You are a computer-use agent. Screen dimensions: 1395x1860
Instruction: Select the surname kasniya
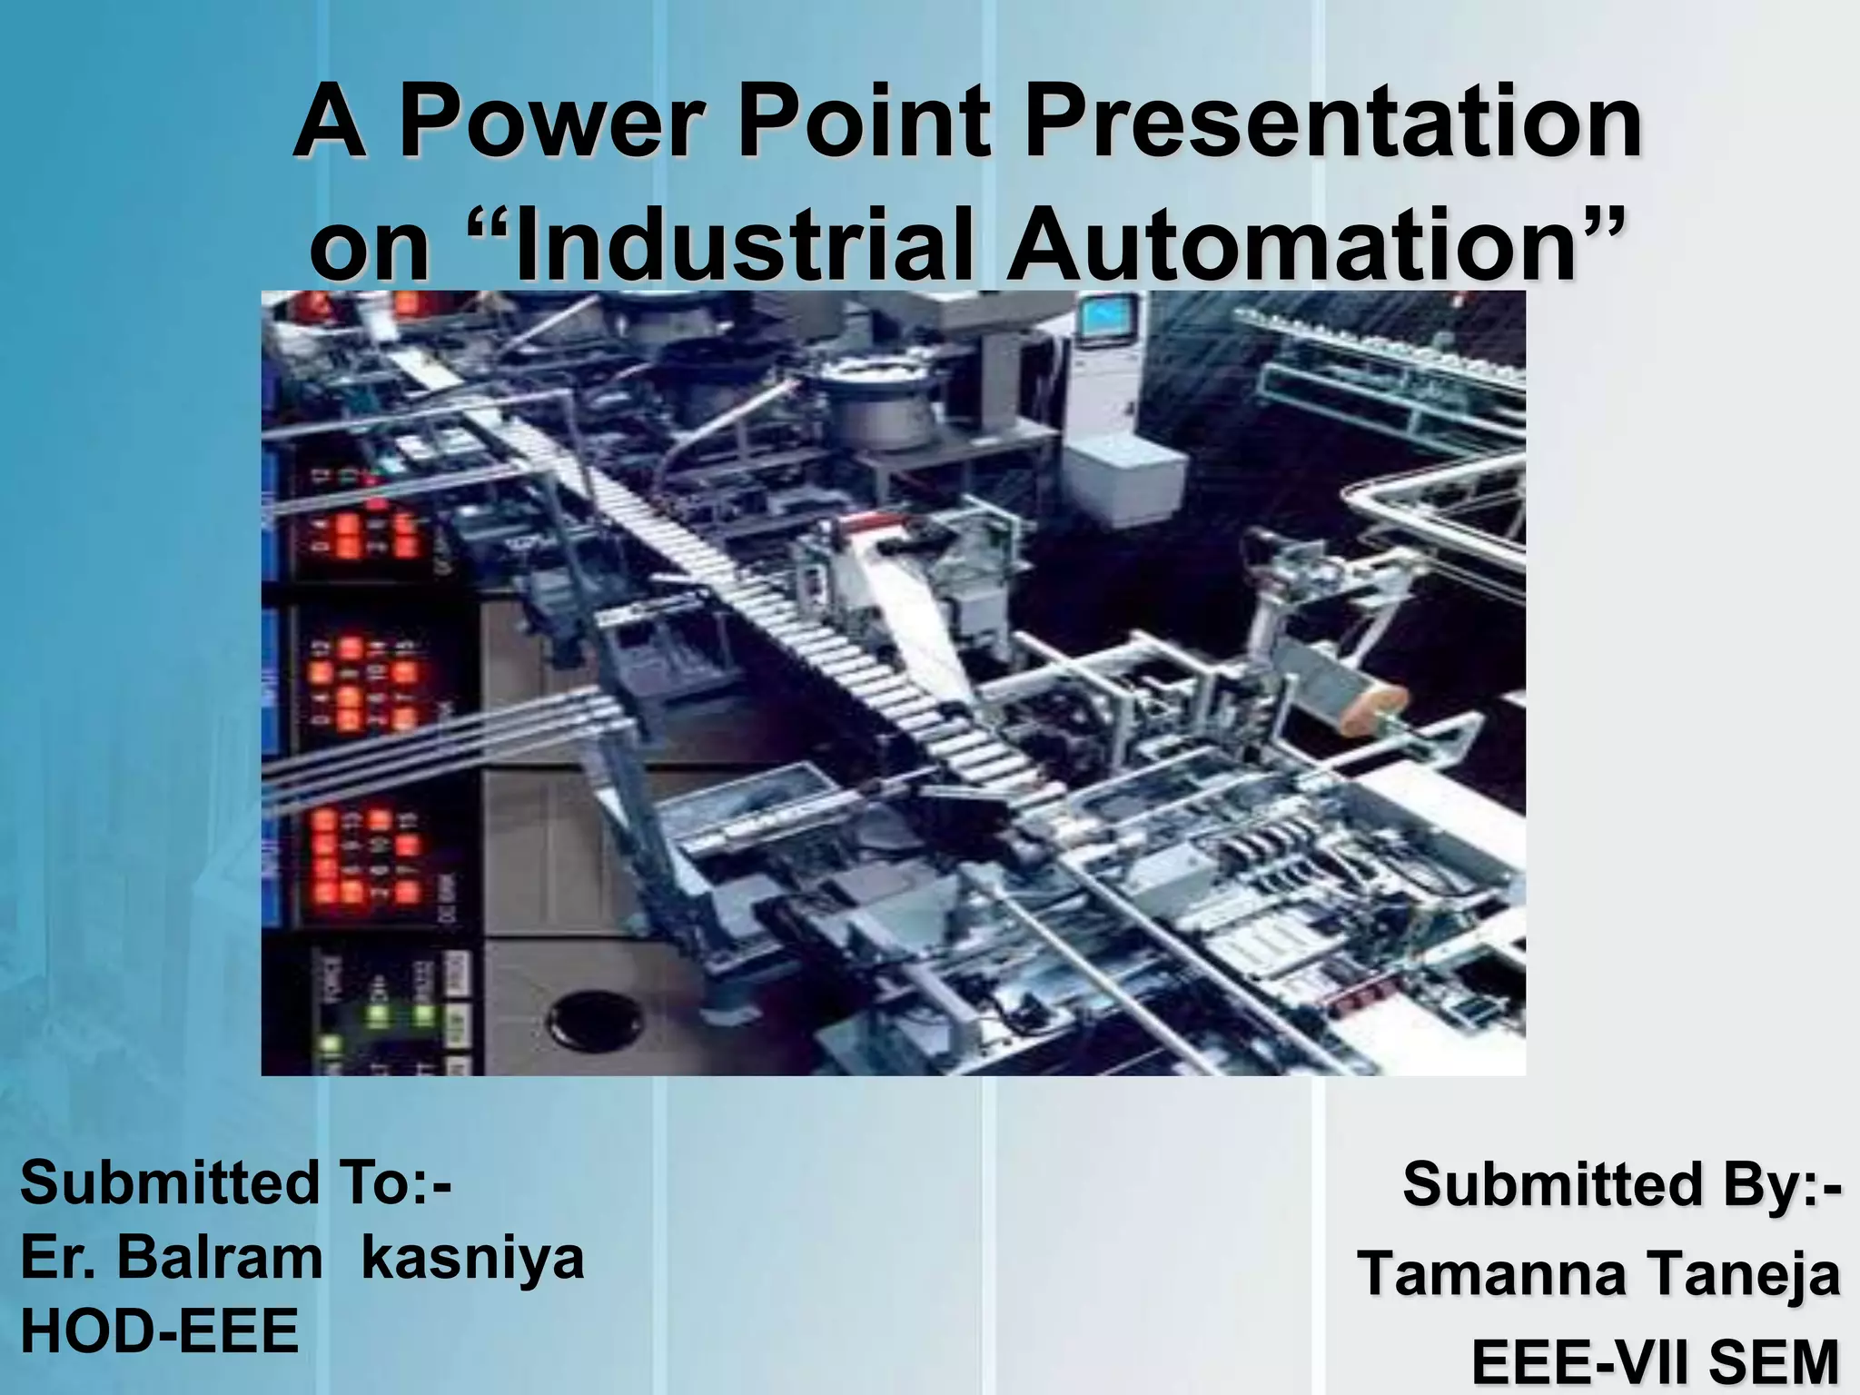pyautogui.click(x=472, y=1259)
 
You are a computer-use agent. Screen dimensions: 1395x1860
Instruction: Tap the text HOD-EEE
pyautogui.click(x=159, y=1331)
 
